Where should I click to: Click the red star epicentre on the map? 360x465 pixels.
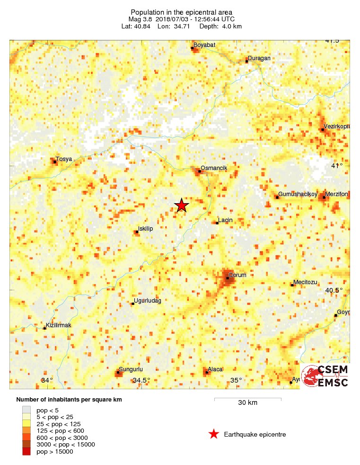click(182, 206)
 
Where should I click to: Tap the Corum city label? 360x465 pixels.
click(237, 275)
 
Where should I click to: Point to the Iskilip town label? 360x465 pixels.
click(145, 229)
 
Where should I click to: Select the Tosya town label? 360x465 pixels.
click(64, 159)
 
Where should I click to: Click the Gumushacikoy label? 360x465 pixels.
click(297, 194)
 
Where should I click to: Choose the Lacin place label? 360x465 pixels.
click(225, 220)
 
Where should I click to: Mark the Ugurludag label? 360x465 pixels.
click(148, 301)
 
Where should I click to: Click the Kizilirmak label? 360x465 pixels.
click(58, 325)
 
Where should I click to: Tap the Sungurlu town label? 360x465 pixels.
click(131, 369)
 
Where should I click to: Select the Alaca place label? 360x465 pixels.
click(215, 369)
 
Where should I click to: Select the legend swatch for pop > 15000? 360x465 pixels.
click(26, 452)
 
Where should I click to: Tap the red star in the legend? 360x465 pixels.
click(214, 434)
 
